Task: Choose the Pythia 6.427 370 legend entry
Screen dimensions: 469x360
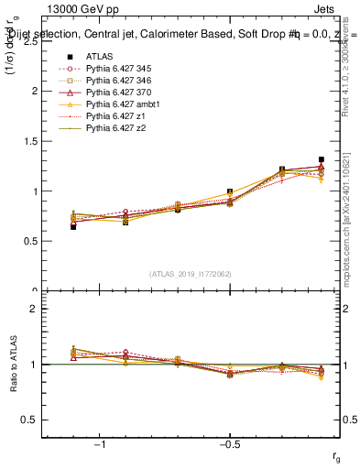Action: pos(125,93)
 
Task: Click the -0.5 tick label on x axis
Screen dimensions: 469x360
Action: pos(229,445)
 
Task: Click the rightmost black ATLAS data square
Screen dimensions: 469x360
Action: pos(321,159)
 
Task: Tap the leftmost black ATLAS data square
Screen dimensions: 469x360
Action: pos(73,226)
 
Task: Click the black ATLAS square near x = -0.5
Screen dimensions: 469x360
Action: pos(230,192)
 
